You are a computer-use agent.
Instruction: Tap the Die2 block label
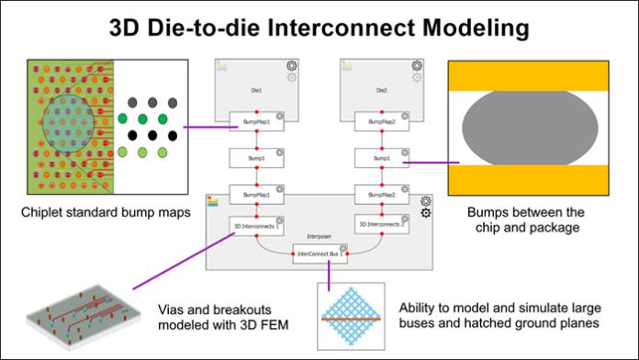pyautogui.click(x=378, y=92)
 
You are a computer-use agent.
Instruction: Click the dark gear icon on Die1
pyautogui.click(x=291, y=66)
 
